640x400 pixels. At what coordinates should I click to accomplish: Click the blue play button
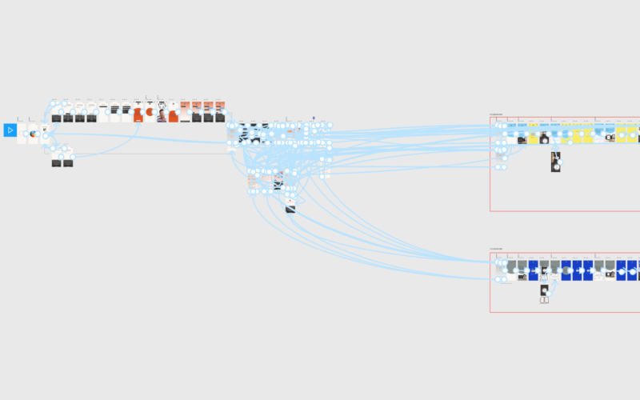coord(10,130)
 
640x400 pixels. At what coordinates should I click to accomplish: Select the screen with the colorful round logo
coord(33,133)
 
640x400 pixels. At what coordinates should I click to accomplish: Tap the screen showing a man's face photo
coord(162,115)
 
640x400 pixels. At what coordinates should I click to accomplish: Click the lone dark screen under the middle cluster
coord(290,209)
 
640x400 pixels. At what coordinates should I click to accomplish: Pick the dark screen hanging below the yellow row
coord(555,162)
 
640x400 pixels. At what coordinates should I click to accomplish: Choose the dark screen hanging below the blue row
coord(545,290)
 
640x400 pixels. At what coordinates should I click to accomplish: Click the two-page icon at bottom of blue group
coord(545,300)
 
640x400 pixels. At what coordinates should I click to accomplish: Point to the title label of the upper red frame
coord(497,114)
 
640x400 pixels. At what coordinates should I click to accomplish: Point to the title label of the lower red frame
coord(497,249)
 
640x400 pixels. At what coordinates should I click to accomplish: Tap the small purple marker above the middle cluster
coord(313,117)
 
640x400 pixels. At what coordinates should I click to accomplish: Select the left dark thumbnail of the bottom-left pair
coord(57,163)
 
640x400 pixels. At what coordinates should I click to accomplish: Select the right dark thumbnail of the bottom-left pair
coord(68,163)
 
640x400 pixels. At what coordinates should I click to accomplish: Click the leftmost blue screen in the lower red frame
coord(566,270)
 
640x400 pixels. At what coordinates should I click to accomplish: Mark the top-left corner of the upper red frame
coord(490,117)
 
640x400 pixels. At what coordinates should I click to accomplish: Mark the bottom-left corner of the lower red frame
coord(490,311)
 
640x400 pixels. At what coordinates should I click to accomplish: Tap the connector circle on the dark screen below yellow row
coord(559,162)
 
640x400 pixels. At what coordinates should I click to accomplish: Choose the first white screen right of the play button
coord(22,133)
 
